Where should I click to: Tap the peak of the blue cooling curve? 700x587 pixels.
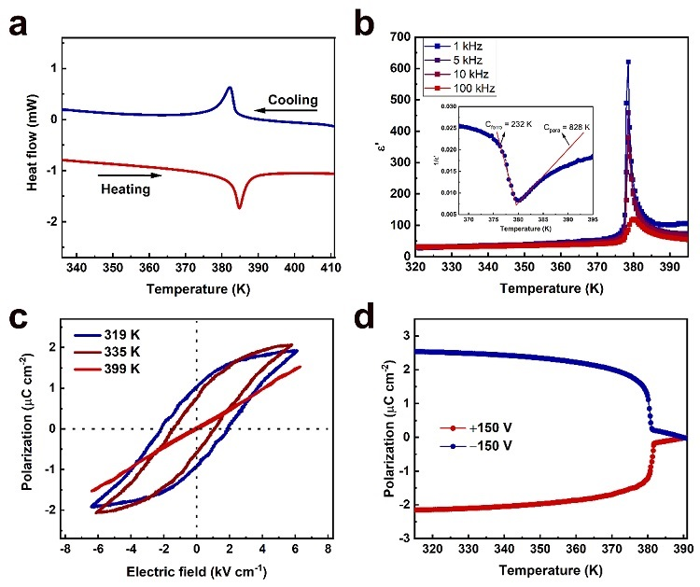point(230,88)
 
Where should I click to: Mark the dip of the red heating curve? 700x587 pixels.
point(240,206)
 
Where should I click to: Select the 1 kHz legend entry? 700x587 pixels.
point(465,45)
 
